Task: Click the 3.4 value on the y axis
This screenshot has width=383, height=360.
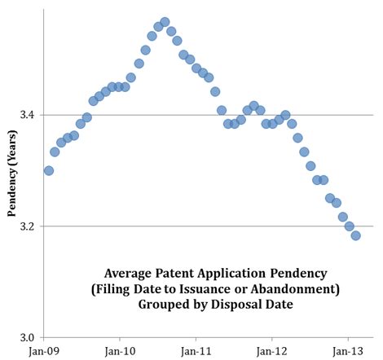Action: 25,115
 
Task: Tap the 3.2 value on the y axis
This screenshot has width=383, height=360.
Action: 25,226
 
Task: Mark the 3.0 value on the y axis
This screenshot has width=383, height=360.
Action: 25,337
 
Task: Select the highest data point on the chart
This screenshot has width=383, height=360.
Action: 165,22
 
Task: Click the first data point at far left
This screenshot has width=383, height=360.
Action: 48,170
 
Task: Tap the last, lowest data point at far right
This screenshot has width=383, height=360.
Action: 355,235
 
